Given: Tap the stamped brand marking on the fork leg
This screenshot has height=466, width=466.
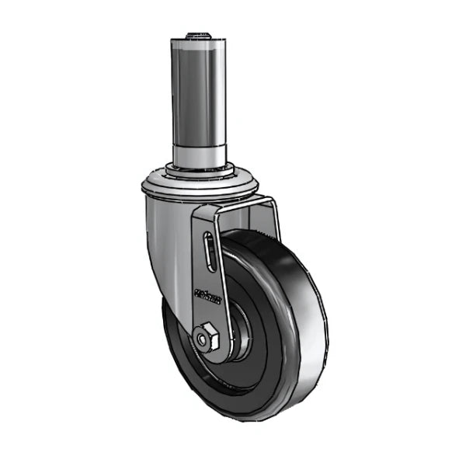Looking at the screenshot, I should click(x=207, y=297).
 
